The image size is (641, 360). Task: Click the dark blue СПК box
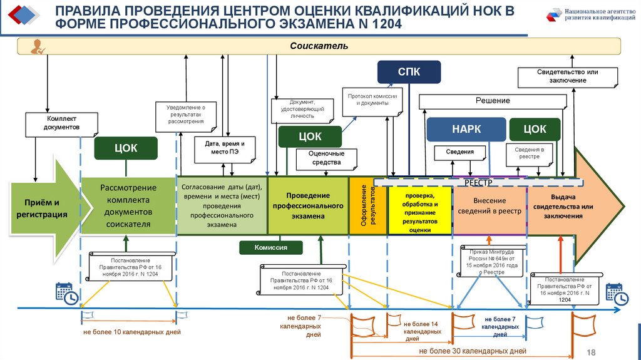[409, 72]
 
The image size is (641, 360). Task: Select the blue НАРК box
[466, 130]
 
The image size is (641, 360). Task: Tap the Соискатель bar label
[319, 46]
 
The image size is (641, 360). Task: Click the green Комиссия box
[270, 247]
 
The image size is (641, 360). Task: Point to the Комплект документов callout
[62, 123]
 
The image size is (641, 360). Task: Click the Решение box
[493, 101]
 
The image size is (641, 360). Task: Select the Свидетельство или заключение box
[567, 76]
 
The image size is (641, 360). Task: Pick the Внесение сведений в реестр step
[489, 210]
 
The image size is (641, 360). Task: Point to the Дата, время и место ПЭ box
[224, 148]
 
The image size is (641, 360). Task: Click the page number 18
[592, 352]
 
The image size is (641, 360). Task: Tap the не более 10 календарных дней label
[131, 332]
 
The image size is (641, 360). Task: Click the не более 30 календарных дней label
[473, 351]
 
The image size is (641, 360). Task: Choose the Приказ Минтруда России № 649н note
[490, 261]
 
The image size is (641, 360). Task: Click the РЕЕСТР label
[479, 182]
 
